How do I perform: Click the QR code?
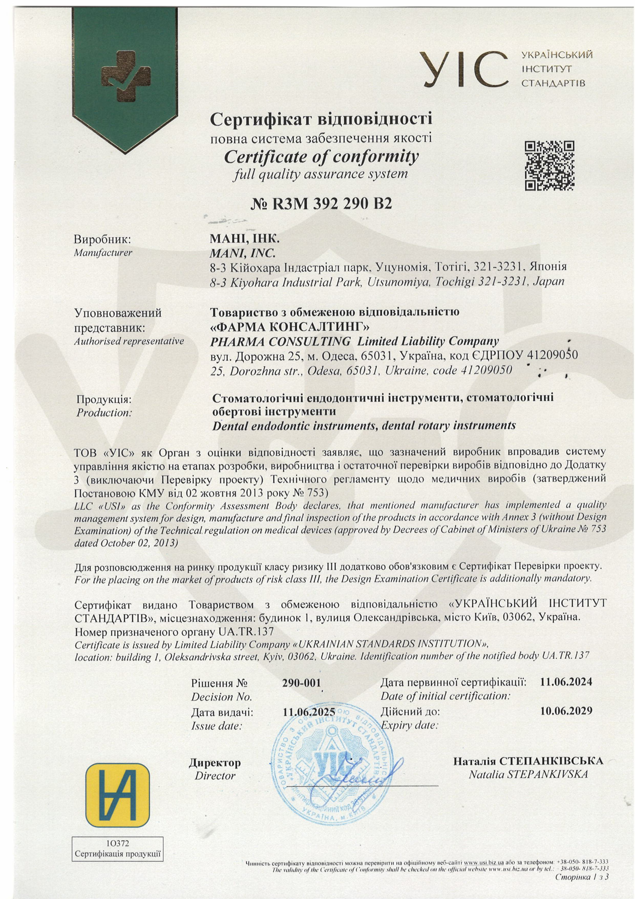(x=549, y=166)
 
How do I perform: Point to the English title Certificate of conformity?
(x=321, y=157)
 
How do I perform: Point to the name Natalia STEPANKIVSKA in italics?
(x=528, y=774)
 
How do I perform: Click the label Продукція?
(x=104, y=400)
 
